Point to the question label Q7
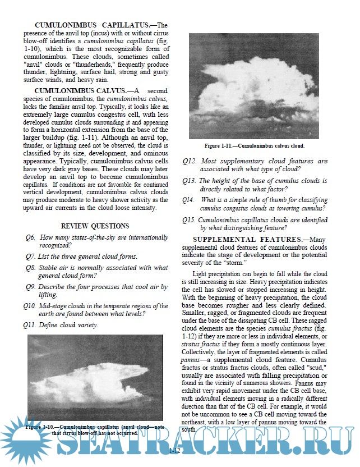coord(31,257)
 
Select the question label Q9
coord(31,287)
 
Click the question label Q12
coord(189,161)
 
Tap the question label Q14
coord(189,199)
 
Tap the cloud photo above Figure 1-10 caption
coord(90,377)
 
